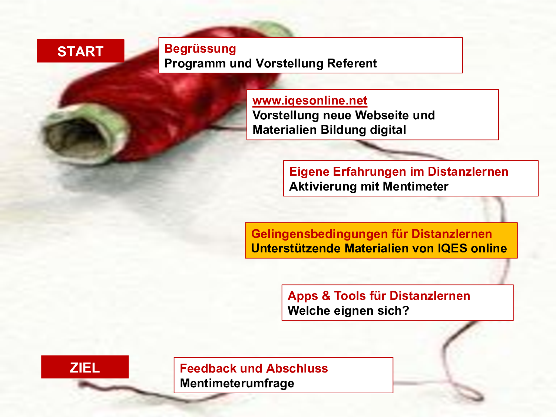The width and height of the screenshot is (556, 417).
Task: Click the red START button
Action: (80, 51)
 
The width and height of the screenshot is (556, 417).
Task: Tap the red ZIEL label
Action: (85, 367)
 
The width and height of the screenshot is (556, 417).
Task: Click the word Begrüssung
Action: (200, 49)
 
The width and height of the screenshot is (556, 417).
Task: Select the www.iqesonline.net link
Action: (310, 101)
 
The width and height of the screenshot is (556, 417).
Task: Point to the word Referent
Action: (352, 63)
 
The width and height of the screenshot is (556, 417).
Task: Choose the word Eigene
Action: (309, 172)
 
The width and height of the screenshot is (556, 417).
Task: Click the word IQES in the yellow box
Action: (453, 248)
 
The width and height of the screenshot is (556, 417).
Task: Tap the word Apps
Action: (303, 296)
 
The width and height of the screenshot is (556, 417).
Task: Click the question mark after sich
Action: (406, 310)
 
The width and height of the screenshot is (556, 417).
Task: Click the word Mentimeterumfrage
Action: (237, 383)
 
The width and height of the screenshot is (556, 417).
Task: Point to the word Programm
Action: (195, 64)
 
